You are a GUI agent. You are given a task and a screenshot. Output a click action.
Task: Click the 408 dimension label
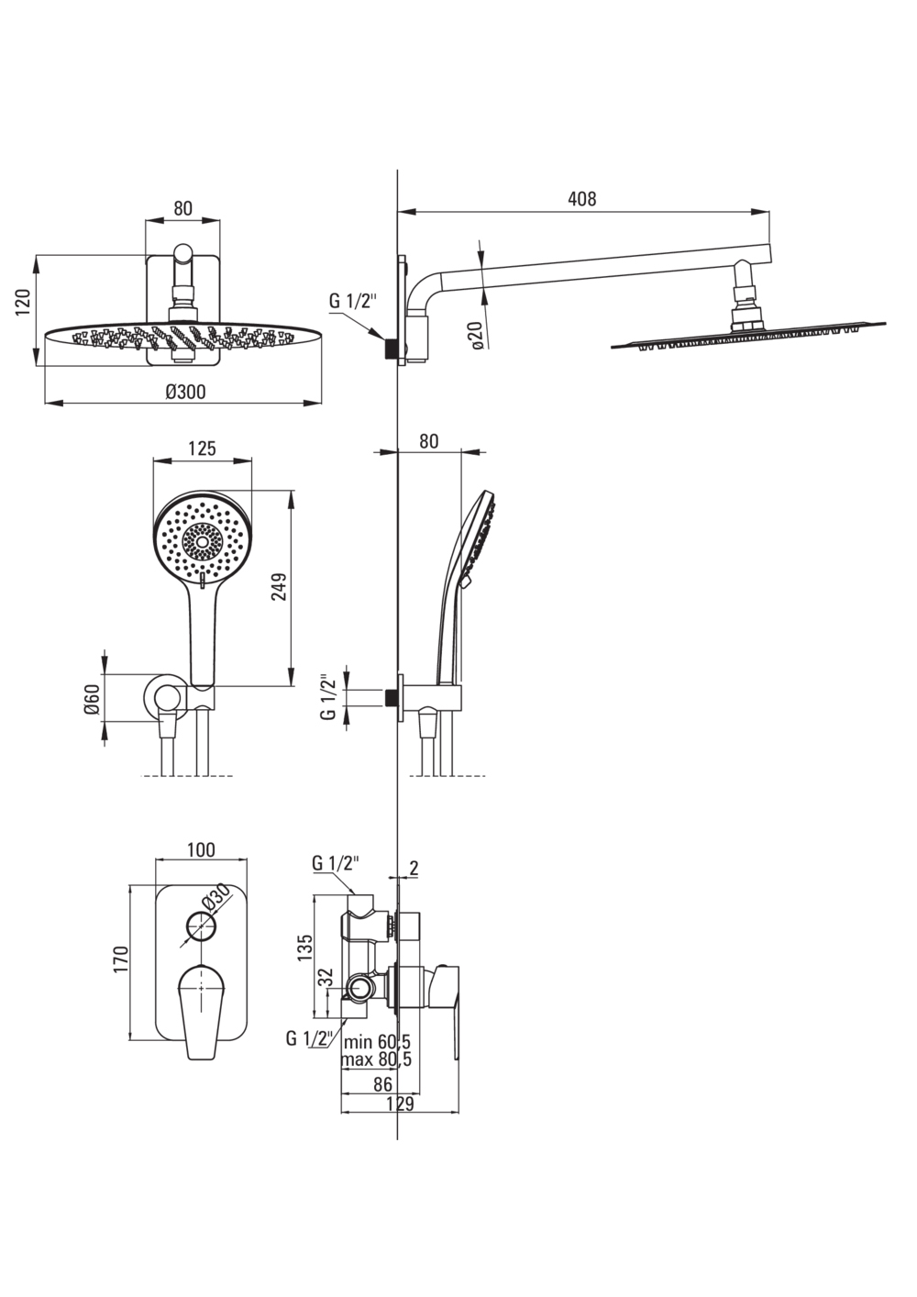(x=581, y=199)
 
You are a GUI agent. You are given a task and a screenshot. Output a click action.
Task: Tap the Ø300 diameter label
(x=185, y=392)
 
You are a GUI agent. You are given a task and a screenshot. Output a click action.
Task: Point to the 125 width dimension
(x=202, y=449)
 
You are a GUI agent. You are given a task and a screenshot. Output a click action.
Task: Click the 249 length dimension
(x=280, y=587)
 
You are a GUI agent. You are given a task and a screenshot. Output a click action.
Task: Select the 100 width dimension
(x=201, y=849)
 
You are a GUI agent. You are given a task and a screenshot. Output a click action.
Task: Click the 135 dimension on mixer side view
(x=305, y=948)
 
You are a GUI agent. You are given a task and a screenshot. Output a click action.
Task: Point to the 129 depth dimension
(x=400, y=1104)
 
